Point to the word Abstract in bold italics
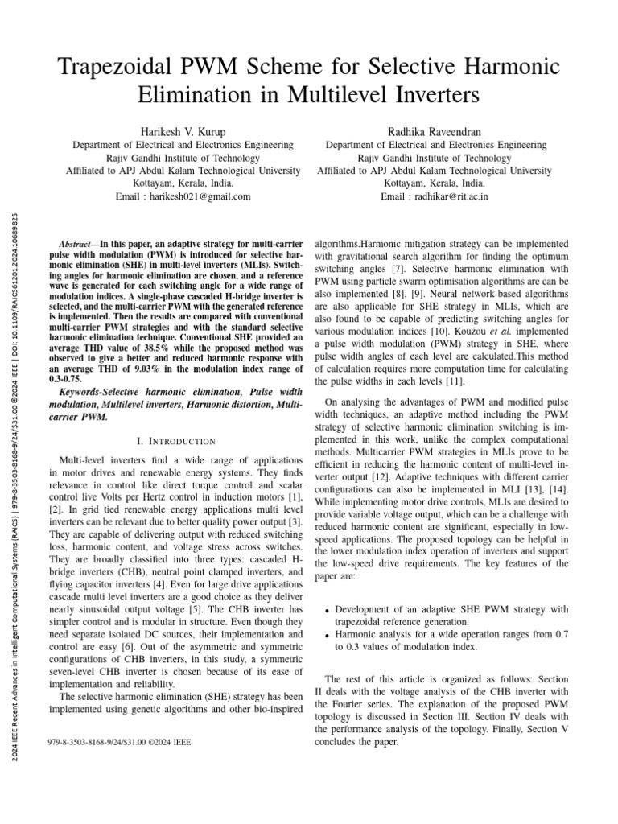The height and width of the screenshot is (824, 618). (80, 244)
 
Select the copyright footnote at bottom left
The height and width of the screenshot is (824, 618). (121, 741)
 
